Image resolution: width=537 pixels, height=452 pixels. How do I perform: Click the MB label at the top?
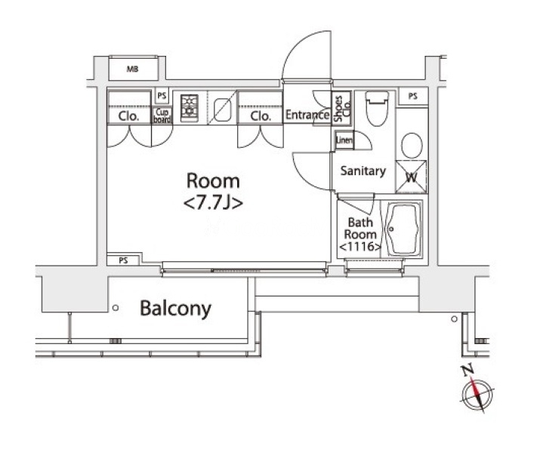coord(132,69)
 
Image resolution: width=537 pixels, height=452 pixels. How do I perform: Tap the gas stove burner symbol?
coord(190,107)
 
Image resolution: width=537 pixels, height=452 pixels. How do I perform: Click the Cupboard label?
coord(162,115)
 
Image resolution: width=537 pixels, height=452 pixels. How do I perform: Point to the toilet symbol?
coord(377,107)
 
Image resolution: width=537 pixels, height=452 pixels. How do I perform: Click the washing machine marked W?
coord(412,177)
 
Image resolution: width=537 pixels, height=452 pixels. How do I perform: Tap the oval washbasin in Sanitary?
coord(412,146)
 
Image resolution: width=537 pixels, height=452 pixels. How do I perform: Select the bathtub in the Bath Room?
coord(403,229)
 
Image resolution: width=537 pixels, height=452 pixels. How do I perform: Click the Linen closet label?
coord(344,140)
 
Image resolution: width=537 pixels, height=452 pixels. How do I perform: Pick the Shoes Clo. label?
coord(342,108)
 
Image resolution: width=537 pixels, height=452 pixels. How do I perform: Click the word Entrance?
coord(307,115)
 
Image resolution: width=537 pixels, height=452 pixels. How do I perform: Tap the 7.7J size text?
coord(213,203)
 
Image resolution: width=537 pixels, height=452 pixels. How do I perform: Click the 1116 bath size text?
coord(360,246)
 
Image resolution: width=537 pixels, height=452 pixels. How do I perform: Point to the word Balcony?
coord(176,309)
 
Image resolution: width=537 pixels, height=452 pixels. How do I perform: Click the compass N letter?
coord(468,371)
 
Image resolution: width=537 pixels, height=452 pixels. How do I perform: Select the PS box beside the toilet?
coord(412,96)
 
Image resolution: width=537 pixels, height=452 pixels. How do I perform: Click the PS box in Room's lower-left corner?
coord(123,260)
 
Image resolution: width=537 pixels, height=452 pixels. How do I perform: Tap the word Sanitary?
coord(363,171)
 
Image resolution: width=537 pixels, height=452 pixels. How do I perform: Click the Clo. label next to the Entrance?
coord(261,116)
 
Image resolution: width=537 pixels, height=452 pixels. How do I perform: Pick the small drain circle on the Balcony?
coord(116,308)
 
